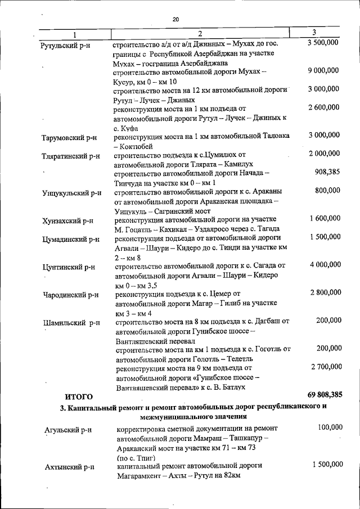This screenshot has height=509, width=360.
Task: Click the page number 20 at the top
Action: (x=175, y=19)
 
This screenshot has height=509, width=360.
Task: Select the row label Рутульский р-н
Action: (x=66, y=44)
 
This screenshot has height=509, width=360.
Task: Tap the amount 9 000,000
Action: (x=323, y=70)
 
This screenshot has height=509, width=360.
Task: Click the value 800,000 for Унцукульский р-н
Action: (x=327, y=191)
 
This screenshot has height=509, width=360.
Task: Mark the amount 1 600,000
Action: (x=325, y=218)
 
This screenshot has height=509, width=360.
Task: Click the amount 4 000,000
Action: (x=325, y=264)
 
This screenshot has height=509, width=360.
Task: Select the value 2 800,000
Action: (x=325, y=292)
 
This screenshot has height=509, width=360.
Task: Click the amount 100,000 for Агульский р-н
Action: (x=330, y=428)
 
